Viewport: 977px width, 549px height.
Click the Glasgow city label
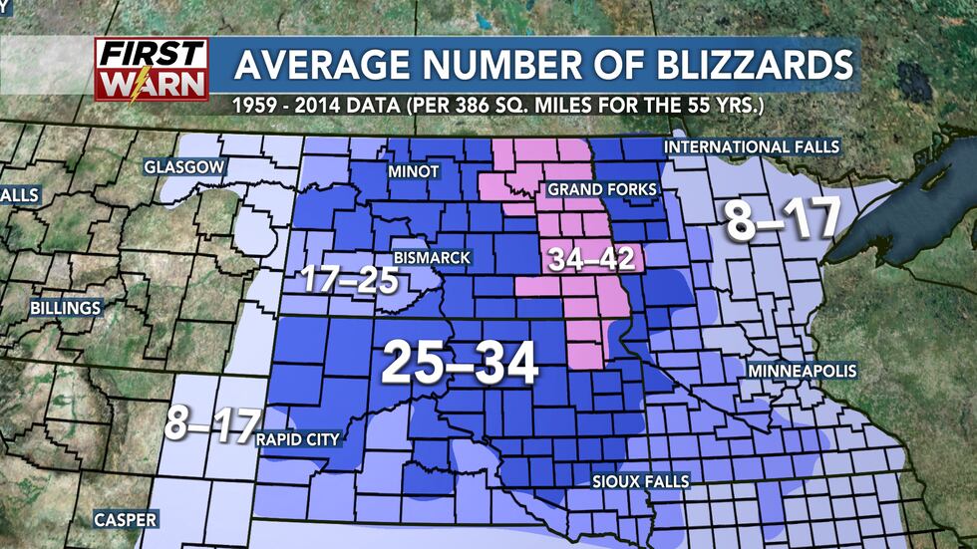coord(184,166)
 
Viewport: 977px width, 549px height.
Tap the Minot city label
coord(413,171)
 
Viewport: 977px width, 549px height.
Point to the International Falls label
coord(752,146)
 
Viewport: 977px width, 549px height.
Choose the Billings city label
coord(66,307)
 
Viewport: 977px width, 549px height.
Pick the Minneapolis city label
coord(797,371)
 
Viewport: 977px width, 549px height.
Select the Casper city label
coord(125,520)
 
